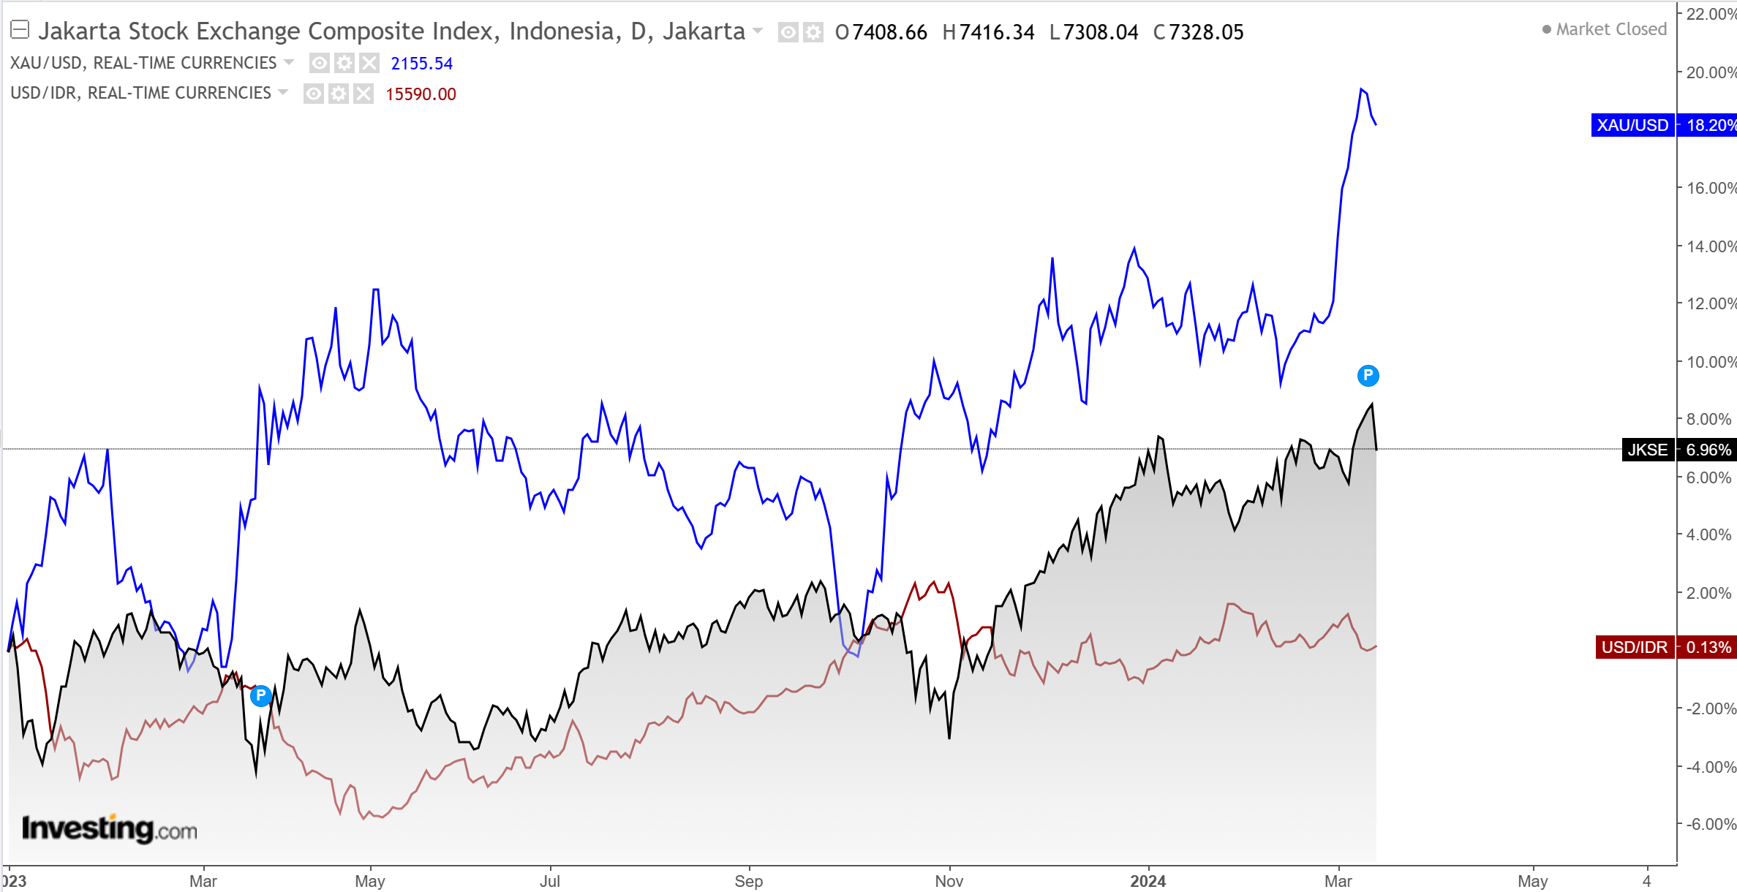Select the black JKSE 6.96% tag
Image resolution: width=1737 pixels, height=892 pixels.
click(x=1677, y=450)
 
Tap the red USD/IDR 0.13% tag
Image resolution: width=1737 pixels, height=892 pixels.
click(x=1665, y=647)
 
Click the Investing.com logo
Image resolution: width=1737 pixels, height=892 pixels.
click(x=110, y=828)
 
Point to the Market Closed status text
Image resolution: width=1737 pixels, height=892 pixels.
click(x=1610, y=29)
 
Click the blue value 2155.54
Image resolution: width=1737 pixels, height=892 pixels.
click(x=421, y=64)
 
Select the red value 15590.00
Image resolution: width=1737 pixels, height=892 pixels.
click(x=421, y=94)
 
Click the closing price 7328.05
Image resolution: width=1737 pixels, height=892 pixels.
click(x=1206, y=32)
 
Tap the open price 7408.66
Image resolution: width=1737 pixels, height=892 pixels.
click(x=889, y=32)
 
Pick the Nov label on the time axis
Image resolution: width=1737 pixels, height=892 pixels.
click(x=949, y=881)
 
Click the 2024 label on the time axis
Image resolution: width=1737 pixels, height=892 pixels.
click(x=1148, y=881)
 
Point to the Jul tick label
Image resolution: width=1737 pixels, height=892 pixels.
click(x=549, y=881)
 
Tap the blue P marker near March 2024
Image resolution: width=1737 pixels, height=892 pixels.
click(x=1368, y=376)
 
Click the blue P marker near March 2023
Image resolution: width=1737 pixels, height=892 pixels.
click(x=260, y=695)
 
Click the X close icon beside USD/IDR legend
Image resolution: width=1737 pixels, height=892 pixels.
click(x=363, y=94)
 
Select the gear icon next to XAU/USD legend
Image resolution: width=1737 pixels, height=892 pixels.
click(x=344, y=63)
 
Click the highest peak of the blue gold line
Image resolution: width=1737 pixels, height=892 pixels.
click(x=1361, y=89)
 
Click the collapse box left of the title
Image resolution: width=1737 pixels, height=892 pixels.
click(x=20, y=30)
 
